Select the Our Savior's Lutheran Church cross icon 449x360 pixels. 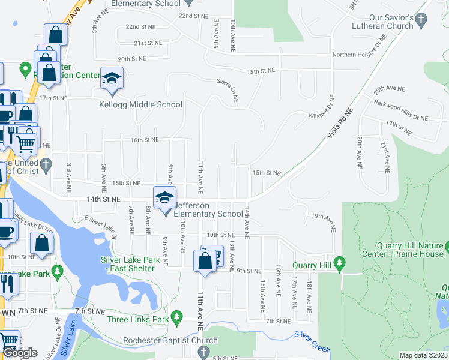[x=421, y=20]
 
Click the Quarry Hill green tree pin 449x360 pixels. [x=340, y=262]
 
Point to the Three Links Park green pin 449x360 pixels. [x=176, y=316]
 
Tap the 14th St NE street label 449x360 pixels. [x=104, y=199]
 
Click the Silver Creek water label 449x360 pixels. [x=312, y=340]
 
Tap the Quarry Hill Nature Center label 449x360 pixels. [x=410, y=250]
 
